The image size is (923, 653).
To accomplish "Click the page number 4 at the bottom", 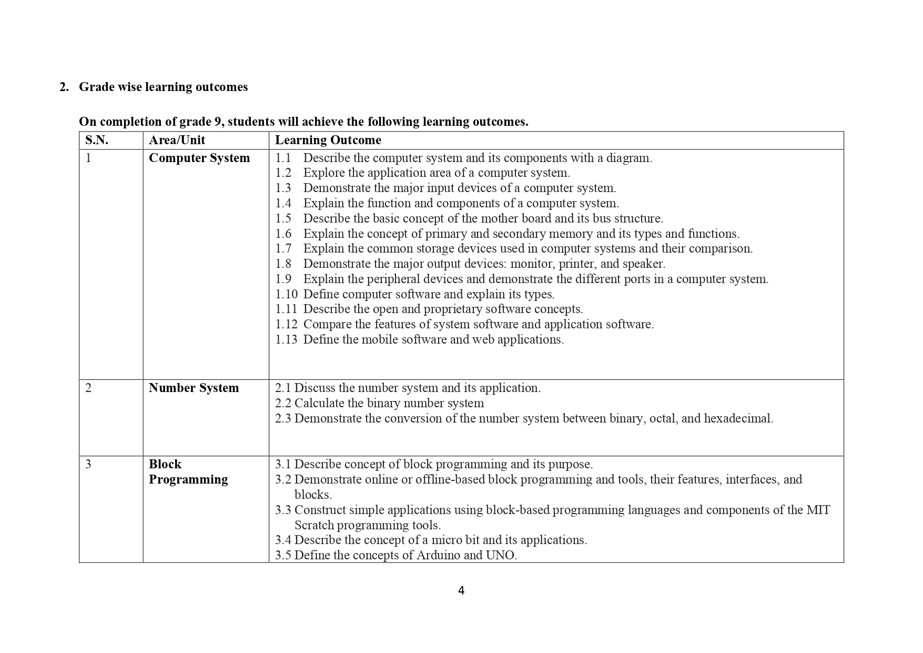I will click(x=461, y=591).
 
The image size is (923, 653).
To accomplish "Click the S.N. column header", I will click(x=97, y=140).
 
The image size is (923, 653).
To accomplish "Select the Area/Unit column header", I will click(x=177, y=140).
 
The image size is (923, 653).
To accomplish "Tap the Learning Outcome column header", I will click(x=328, y=140).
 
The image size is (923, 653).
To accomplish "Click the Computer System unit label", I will click(x=199, y=158).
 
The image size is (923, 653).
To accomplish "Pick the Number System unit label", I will click(x=194, y=388).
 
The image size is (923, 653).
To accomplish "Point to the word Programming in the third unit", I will click(x=188, y=479).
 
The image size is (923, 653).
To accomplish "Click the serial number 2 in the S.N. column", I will click(x=88, y=388).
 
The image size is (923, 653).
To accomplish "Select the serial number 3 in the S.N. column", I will click(x=88, y=464).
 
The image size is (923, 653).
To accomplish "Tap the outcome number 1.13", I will click(x=286, y=339).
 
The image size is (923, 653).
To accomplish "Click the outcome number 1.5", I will click(x=283, y=218).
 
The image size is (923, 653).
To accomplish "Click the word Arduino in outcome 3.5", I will click(x=438, y=555).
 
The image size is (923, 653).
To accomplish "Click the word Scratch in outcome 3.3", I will click(x=314, y=525).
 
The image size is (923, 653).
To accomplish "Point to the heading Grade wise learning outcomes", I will click(x=163, y=87).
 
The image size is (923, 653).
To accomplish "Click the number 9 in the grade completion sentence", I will click(x=217, y=122).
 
